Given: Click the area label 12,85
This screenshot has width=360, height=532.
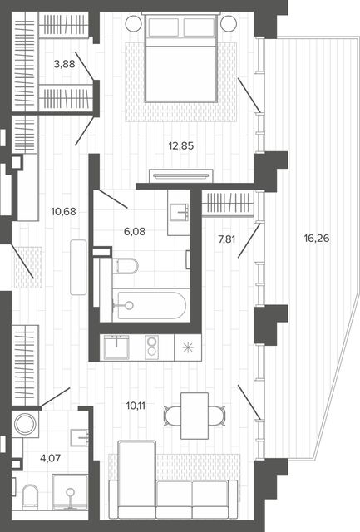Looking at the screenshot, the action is tap(181, 146).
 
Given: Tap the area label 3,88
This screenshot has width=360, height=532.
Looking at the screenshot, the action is tap(65, 64).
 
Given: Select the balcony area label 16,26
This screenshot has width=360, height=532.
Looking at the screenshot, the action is tap(317, 239).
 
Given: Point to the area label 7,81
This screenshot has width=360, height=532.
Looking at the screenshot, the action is tap(227, 239).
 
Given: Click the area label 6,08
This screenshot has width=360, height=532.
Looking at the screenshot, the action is tap(135, 232).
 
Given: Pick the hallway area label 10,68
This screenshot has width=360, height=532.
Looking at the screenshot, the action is tap(63, 212).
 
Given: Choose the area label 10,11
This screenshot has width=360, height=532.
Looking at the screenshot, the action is tap(136, 406).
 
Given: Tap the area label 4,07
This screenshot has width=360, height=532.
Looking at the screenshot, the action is tap(50, 458).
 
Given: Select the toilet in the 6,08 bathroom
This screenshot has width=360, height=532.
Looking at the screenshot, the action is tap(126, 266).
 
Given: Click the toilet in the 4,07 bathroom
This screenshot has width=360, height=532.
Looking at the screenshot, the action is tap(30, 497).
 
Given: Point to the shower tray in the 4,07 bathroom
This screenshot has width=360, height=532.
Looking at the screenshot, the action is tap(70, 492).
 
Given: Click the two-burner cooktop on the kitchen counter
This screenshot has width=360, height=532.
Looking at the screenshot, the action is tap(151, 347).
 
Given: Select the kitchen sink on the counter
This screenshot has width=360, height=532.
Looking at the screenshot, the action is tap(116, 347).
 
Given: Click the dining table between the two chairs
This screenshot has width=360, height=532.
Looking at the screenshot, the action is tap(195, 416).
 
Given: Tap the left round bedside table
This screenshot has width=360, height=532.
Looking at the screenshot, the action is tap(133, 23).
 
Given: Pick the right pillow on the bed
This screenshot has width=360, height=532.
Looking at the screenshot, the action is tap(200, 27).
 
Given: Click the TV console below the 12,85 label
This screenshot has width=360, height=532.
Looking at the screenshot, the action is tap(181, 175).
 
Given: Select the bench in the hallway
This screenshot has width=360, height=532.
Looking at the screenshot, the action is tap(78, 268).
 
